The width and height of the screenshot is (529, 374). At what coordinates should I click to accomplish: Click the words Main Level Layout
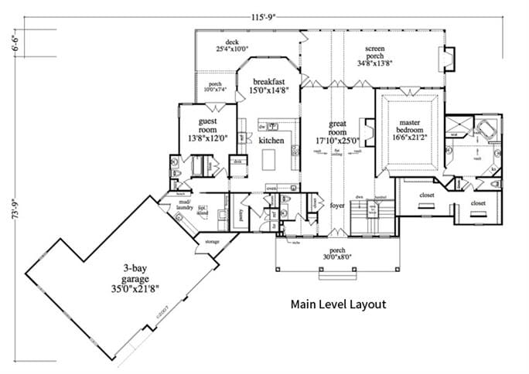point(338,304)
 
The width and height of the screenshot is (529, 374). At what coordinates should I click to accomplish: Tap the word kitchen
point(271,141)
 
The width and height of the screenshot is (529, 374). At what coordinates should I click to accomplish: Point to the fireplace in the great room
point(369,132)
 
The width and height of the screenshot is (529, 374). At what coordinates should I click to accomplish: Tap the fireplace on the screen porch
point(446,59)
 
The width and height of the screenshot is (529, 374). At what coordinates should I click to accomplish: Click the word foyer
point(336,206)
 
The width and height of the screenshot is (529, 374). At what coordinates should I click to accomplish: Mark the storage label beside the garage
point(212,242)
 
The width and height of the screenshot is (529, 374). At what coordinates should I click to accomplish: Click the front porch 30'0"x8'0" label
point(335,254)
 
